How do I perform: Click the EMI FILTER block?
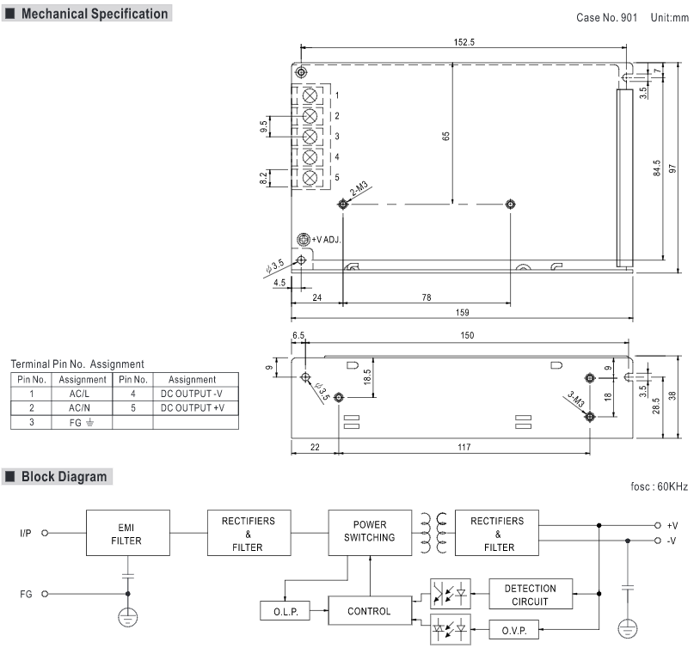pyautogui.click(x=127, y=533)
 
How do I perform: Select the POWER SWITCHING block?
pyautogui.click(x=370, y=533)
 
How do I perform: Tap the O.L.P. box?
pyautogui.click(x=286, y=611)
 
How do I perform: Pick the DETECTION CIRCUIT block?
pyautogui.click(x=531, y=594)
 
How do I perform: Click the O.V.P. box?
pyautogui.click(x=514, y=630)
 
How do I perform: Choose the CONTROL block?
pyautogui.click(x=370, y=610)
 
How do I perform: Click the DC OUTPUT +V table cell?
pyautogui.click(x=195, y=408)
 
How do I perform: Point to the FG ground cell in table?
pyautogui.click(x=81, y=422)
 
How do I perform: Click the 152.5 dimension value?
pyautogui.click(x=464, y=42)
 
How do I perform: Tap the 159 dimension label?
pyautogui.click(x=462, y=312)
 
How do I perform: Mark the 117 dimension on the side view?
pyautogui.click(x=464, y=447)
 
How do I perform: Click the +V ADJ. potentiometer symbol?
pyautogui.click(x=304, y=239)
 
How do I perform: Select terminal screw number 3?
pyautogui.click(x=310, y=137)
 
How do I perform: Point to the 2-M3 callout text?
pyautogui.click(x=359, y=189)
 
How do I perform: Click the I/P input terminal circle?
pyautogui.click(x=45, y=533)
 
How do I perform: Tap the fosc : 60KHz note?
pyautogui.click(x=659, y=486)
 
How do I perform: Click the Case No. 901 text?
pyautogui.click(x=606, y=17)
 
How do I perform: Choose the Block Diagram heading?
pyautogui.click(x=64, y=477)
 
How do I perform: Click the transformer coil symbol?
pyautogui.click(x=433, y=533)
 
